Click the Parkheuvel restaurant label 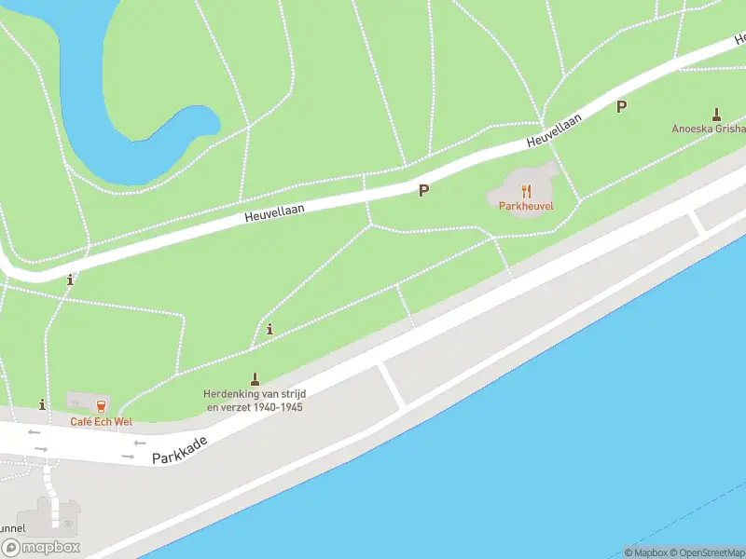[x=526, y=204]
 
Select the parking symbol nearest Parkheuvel [x=423, y=191]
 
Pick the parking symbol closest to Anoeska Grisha [x=621, y=106]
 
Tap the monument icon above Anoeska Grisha [x=716, y=114]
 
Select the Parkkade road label [x=179, y=446]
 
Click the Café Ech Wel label [x=102, y=422]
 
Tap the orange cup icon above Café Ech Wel [x=100, y=405]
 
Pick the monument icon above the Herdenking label [x=254, y=378]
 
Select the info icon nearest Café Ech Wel [x=42, y=404]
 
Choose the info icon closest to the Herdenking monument [x=269, y=329]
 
